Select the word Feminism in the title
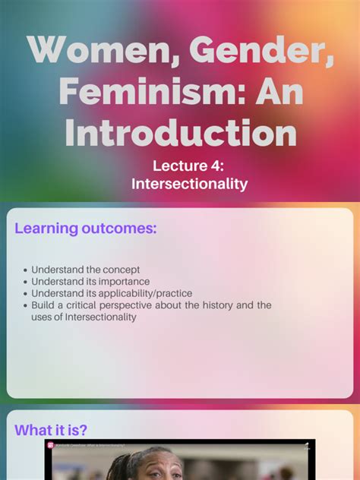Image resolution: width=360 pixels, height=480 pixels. [x=144, y=92]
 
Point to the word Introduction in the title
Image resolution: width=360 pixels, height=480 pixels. [x=180, y=133]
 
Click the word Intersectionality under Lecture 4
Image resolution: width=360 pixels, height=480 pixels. [x=189, y=184]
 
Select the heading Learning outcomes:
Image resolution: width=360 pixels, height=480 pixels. [x=86, y=228]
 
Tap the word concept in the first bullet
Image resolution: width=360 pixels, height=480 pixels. [x=120, y=270]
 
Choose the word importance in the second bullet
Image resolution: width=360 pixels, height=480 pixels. [x=125, y=282]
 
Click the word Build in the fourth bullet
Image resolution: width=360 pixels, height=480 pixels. [x=44, y=305]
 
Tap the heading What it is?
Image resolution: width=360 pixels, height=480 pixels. [x=51, y=430]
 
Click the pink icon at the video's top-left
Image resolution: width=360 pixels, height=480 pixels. [x=51, y=446]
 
